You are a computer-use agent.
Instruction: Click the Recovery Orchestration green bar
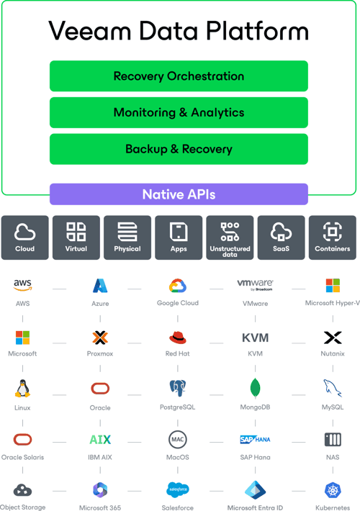[x=179, y=76]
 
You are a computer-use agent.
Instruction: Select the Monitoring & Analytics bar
[x=179, y=112]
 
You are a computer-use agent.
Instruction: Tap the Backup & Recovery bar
[x=179, y=149]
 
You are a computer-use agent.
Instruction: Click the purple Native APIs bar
[x=179, y=194]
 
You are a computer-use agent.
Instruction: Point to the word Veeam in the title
[x=90, y=31]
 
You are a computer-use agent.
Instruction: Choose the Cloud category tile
[x=24, y=238]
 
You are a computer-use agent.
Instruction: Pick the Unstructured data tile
[x=230, y=238]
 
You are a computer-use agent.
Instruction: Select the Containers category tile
[x=333, y=238]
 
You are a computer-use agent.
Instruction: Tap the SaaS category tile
[x=281, y=238]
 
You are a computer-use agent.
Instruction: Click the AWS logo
[x=22, y=285]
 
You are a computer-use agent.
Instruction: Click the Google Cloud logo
[x=178, y=286]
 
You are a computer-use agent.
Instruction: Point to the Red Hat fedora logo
[x=178, y=338]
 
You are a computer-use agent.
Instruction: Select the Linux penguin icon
[x=22, y=388]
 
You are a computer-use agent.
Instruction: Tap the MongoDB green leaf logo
[x=255, y=388]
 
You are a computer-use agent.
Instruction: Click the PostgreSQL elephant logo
[x=178, y=388]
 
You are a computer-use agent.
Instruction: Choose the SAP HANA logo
[x=255, y=439]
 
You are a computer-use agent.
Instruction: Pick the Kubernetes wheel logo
[x=333, y=490]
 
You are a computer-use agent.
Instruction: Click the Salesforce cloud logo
[x=178, y=490]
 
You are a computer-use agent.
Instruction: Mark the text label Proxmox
[x=100, y=353]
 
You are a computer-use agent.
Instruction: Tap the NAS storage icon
[x=333, y=439]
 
